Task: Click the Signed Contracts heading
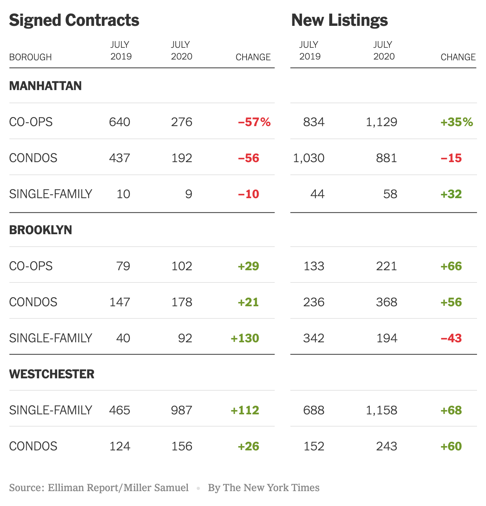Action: coord(74,20)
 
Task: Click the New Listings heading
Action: coord(339,20)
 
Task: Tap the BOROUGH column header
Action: coord(31,57)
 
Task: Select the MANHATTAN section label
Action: coord(45,86)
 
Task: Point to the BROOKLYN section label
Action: coord(41,230)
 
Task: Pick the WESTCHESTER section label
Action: coord(52,374)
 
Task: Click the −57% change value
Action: coord(254,122)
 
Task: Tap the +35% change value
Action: coord(457,122)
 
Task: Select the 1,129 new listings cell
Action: coord(382,122)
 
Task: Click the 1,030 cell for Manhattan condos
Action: coord(309,158)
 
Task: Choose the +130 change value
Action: coord(245,338)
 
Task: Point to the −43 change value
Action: coord(451,338)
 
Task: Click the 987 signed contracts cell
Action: coord(182,410)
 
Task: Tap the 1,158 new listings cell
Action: coord(382,410)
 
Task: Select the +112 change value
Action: coord(245,410)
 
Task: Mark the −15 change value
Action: coord(451,158)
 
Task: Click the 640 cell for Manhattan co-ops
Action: coord(120,122)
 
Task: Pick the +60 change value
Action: coord(451,446)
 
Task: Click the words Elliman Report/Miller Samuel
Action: coord(118,488)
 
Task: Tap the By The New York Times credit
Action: coord(264,488)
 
